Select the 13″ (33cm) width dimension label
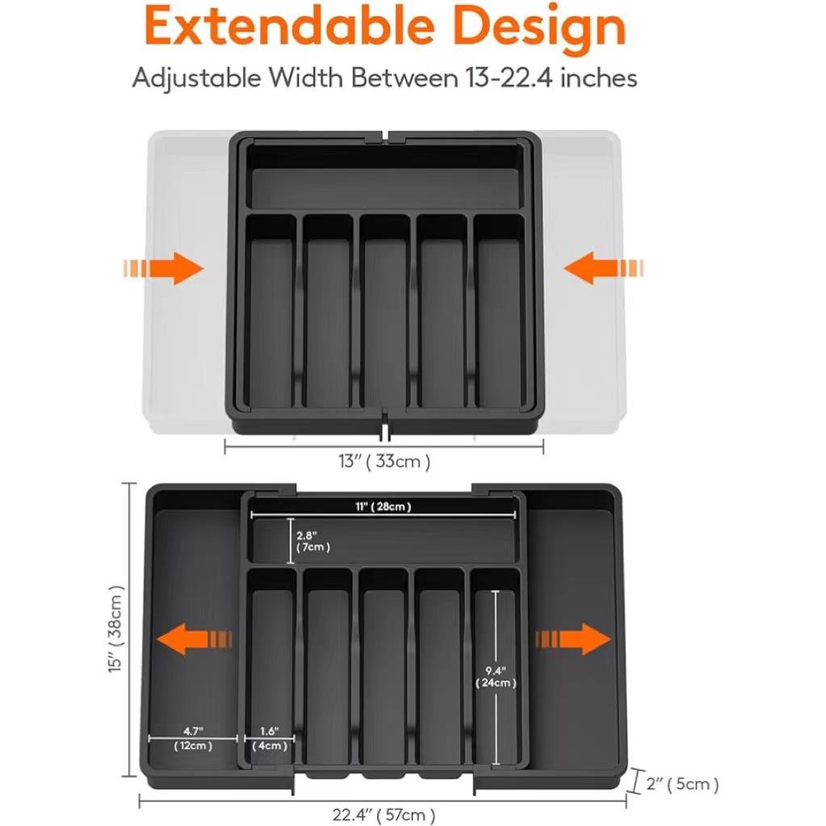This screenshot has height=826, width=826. coord(384,462)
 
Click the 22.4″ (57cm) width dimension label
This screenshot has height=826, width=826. coord(384,814)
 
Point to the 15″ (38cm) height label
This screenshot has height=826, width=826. coord(118,629)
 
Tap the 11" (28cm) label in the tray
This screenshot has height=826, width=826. coord(384,506)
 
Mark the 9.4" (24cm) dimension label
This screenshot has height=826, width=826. coord(496,677)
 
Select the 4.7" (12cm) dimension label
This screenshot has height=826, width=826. coord(193,738)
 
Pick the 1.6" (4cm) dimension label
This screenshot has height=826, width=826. coord(270,738)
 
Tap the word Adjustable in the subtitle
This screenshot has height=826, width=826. coord(197,78)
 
